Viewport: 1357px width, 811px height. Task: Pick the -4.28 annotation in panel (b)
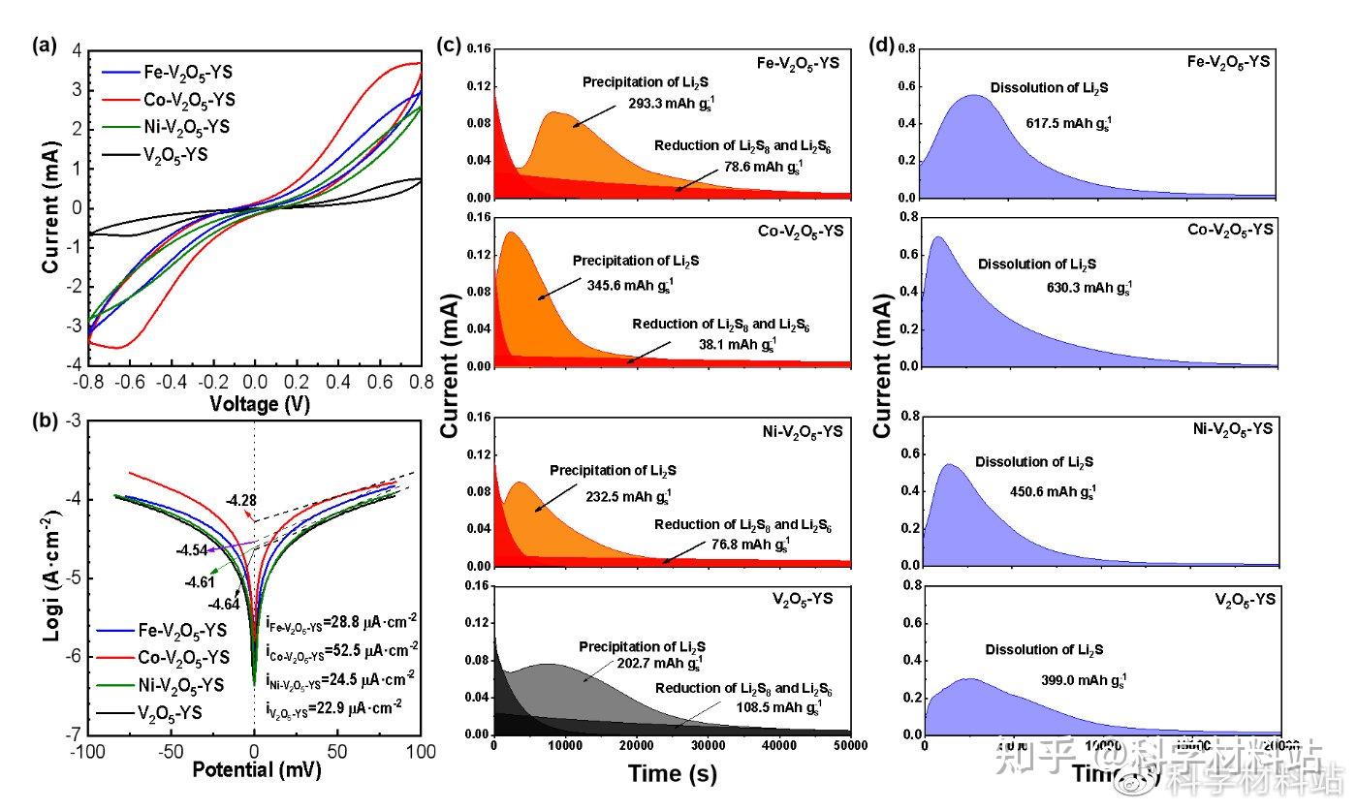[240, 501]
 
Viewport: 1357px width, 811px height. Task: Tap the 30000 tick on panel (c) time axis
[709, 744]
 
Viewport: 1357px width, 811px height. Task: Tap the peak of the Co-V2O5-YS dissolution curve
[937, 237]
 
